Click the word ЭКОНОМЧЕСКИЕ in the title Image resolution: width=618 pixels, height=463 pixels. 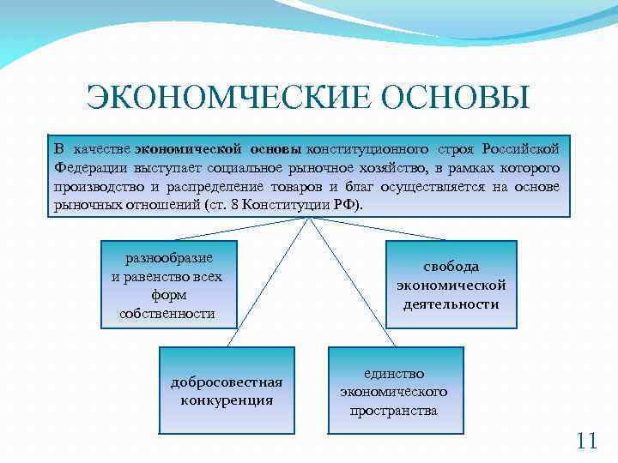tap(229, 98)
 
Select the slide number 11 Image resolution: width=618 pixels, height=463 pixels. tap(586, 442)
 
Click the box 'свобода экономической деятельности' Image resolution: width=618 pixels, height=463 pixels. tap(451, 285)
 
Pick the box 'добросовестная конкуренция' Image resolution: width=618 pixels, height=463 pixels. tap(227, 390)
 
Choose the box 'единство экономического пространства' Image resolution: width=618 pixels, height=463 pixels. tap(394, 391)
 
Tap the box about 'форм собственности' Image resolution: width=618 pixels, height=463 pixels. tap(168, 286)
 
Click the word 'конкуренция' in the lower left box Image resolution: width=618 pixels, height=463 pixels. tap(227, 400)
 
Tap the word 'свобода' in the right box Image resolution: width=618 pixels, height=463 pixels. tap(451, 267)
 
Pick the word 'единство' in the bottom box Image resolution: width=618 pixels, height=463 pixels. tap(394, 374)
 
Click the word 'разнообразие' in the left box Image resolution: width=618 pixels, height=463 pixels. tap(168, 258)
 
